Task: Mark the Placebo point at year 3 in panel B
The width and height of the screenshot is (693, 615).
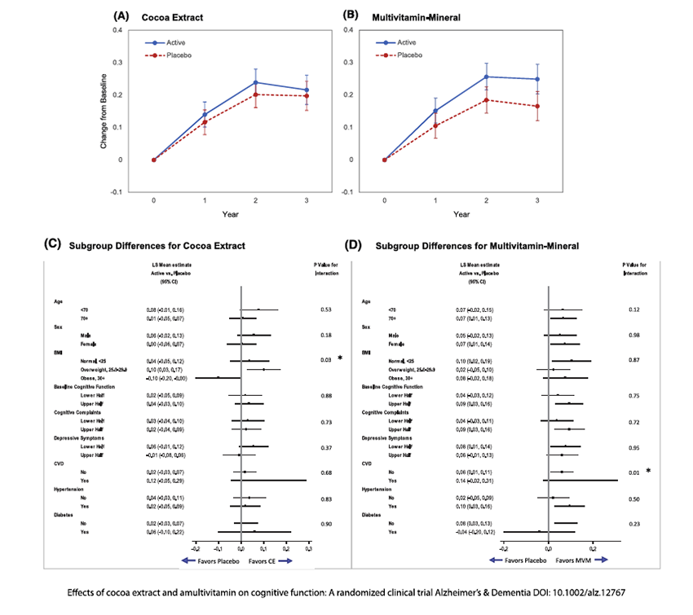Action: click(x=537, y=107)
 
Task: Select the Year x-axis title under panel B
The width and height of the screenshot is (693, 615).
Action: click(x=461, y=213)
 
